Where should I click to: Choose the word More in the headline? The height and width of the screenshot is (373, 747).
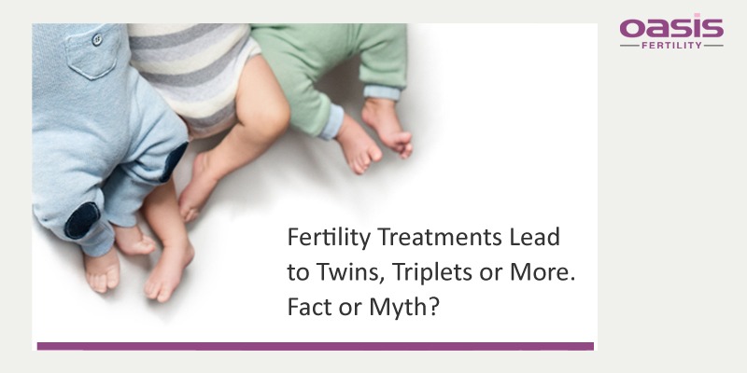[537, 271]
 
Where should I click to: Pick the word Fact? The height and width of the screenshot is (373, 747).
[309, 307]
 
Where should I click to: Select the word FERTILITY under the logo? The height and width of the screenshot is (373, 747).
[671, 46]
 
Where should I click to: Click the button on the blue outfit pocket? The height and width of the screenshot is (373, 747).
[97, 39]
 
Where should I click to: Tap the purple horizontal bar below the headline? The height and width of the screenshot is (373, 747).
[316, 346]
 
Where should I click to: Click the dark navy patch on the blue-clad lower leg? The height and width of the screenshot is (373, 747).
[82, 220]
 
